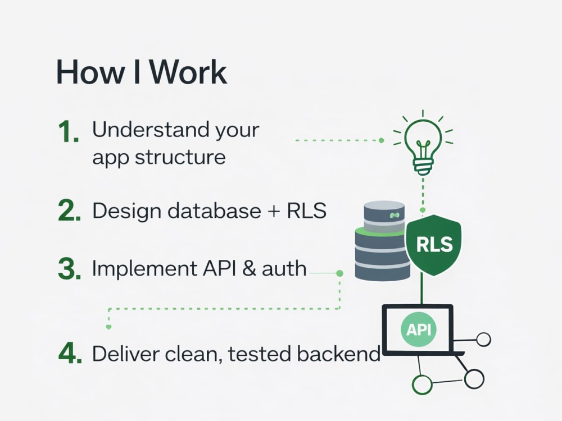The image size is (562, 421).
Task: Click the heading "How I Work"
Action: click(x=142, y=72)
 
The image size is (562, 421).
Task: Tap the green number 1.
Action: click(x=68, y=132)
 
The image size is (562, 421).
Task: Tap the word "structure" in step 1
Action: click(x=180, y=157)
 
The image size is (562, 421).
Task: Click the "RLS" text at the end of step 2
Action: click(x=306, y=210)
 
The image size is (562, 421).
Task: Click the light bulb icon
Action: click(x=423, y=143)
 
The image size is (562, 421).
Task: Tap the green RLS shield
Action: click(x=434, y=245)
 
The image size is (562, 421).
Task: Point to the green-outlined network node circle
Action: click(x=422, y=385)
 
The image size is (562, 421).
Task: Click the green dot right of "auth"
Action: click(x=339, y=273)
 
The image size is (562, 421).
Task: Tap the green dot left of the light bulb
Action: click(x=382, y=140)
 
